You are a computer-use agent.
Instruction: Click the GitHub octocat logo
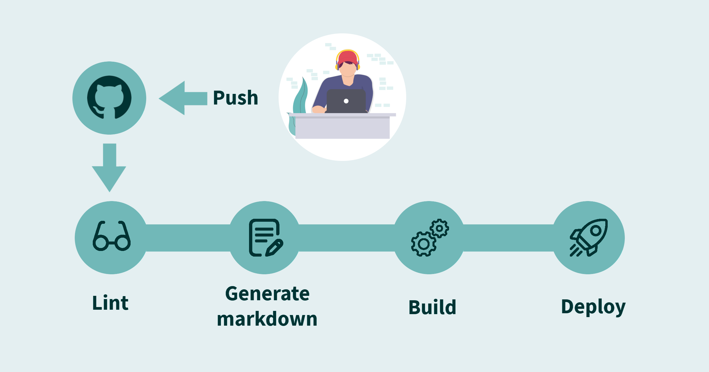(x=109, y=97)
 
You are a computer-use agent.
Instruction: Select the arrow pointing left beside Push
(x=183, y=98)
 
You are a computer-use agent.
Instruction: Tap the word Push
(x=235, y=98)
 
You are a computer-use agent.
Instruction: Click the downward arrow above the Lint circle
(x=109, y=167)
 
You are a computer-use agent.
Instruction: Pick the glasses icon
(x=112, y=236)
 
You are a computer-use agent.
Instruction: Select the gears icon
(x=430, y=238)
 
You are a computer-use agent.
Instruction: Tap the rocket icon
(x=588, y=238)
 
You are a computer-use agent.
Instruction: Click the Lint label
(x=110, y=303)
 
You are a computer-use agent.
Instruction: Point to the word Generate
(x=267, y=294)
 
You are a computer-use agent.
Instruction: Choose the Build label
(x=432, y=307)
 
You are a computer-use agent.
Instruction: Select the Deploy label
(x=593, y=307)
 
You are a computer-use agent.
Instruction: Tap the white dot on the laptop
(x=346, y=101)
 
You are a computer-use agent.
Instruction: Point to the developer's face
(x=348, y=69)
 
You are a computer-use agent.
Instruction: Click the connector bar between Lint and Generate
(x=188, y=238)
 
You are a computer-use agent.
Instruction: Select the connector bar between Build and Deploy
(x=508, y=238)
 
